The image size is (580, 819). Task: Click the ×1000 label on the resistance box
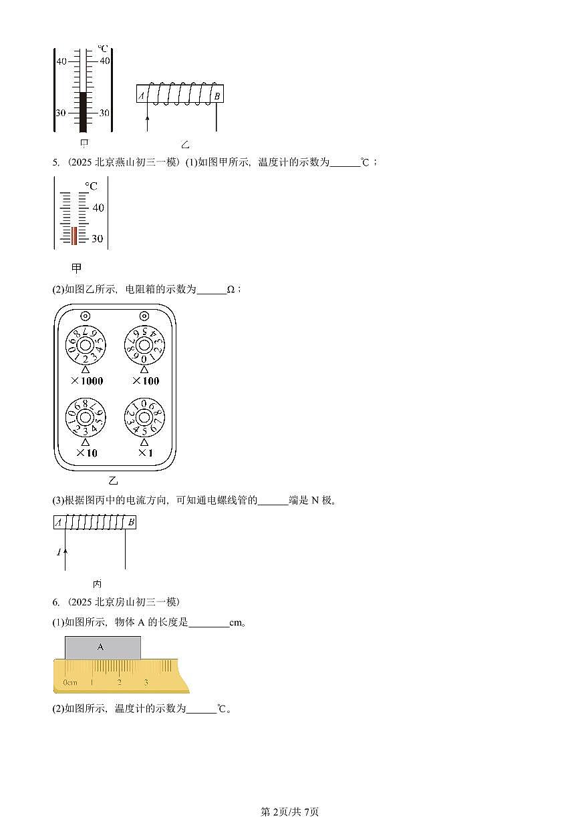85,381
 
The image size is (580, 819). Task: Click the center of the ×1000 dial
85,345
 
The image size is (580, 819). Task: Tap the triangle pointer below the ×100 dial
144,368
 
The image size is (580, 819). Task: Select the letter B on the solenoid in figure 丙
130,523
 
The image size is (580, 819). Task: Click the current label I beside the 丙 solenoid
58,552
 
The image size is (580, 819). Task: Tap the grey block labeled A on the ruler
102,647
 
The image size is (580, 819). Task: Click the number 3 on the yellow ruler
146,682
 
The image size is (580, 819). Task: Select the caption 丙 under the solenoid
97,583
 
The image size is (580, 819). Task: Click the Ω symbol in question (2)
231,290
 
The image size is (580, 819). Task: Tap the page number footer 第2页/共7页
289,812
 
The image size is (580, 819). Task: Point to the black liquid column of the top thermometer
84,111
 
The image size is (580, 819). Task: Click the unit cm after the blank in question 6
235,623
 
